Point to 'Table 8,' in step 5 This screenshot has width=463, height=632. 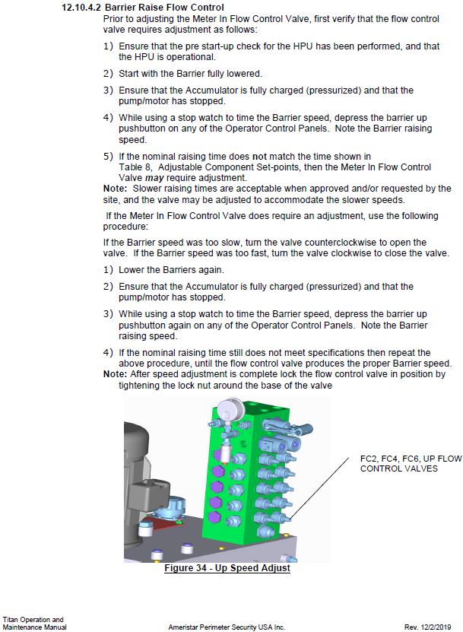tap(135, 167)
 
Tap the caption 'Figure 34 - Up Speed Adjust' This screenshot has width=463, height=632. tap(227, 568)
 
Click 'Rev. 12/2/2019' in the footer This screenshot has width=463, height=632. tap(430, 627)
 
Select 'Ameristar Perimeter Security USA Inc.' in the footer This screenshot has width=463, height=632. tap(227, 627)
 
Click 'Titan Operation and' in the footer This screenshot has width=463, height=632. tap(33, 619)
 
